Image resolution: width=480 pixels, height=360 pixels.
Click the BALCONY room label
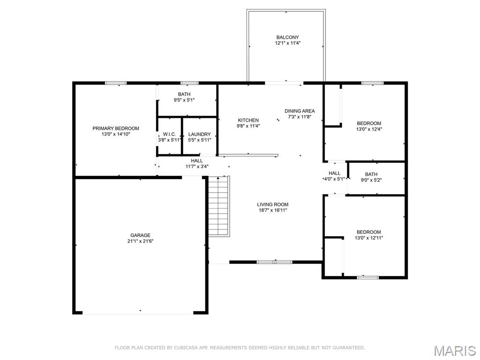click(x=287, y=37)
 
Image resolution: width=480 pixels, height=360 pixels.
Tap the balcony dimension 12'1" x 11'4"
click(x=287, y=43)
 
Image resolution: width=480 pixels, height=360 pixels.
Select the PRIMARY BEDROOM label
click(x=116, y=128)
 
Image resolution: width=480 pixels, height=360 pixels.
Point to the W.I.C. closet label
click(x=169, y=134)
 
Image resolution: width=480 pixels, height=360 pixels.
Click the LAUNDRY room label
click(x=200, y=134)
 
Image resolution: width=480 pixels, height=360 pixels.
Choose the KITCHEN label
click(x=248, y=120)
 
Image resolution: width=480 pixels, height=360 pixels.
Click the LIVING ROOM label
click(x=272, y=204)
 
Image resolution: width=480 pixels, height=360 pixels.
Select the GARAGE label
click(x=140, y=235)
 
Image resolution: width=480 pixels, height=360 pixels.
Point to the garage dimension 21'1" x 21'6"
click(x=140, y=241)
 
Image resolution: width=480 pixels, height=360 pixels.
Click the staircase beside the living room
click(x=219, y=206)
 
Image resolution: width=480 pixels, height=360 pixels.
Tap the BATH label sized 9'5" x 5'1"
click(x=184, y=94)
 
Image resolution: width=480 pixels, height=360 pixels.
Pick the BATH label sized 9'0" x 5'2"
click(x=371, y=174)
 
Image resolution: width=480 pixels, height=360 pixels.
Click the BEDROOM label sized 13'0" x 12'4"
click(x=369, y=123)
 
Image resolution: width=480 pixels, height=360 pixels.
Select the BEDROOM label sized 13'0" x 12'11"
click(x=369, y=232)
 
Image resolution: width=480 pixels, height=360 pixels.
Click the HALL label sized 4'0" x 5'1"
click(x=335, y=173)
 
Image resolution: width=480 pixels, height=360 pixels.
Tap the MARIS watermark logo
click(x=454, y=351)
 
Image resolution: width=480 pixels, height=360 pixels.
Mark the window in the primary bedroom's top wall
click(x=116, y=83)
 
